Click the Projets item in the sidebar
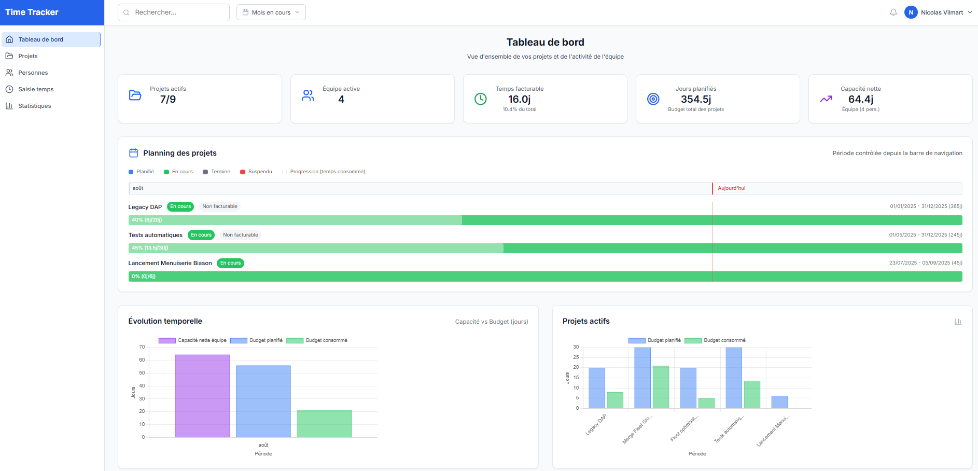click(28, 56)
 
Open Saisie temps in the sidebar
click(36, 89)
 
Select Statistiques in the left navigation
click(34, 106)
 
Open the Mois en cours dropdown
click(271, 12)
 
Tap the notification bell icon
click(893, 12)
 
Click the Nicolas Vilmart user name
click(942, 12)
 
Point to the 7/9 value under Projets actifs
click(168, 99)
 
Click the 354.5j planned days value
click(695, 99)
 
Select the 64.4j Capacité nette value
click(860, 99)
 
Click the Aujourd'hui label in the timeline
click(731, 188)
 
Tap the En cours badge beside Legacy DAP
click(180, 206)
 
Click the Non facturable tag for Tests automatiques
click(240, 235)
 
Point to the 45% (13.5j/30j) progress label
click(150, 248)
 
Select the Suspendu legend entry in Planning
click(260, 172)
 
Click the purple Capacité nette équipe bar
click(202, 396)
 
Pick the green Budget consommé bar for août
click(324, 423)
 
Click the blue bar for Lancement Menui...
click(779, 402)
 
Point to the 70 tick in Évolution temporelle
click(142, 347)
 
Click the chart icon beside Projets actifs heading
click(958, 322)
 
